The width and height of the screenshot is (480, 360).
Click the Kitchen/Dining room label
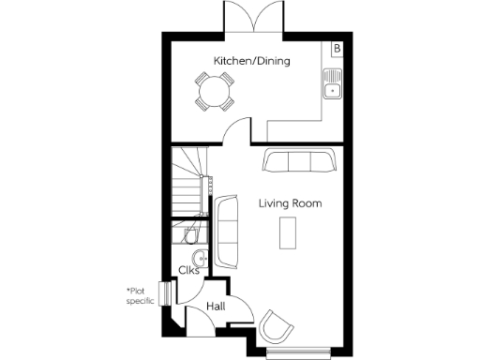pyautogui.click(x=251, y=61)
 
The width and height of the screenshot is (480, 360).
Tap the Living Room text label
pyautogui.click(x=290, y=203)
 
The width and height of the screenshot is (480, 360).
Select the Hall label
pyautogui.click(x=215, y=306)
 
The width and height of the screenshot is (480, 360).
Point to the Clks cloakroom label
pyautogui.click(x=188, y=271)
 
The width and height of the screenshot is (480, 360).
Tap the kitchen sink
pyautogui.click(x=332, y=84)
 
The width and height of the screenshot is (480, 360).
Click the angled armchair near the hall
pyautogui.click(x=277, y=325)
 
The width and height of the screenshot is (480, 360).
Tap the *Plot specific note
pyautogui.click(x=143, y=295)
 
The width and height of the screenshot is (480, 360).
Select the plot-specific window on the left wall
pyautogui.click(x=166, y=293)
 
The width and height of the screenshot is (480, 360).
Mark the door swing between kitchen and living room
pyautogui.click(x=240, y=131)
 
